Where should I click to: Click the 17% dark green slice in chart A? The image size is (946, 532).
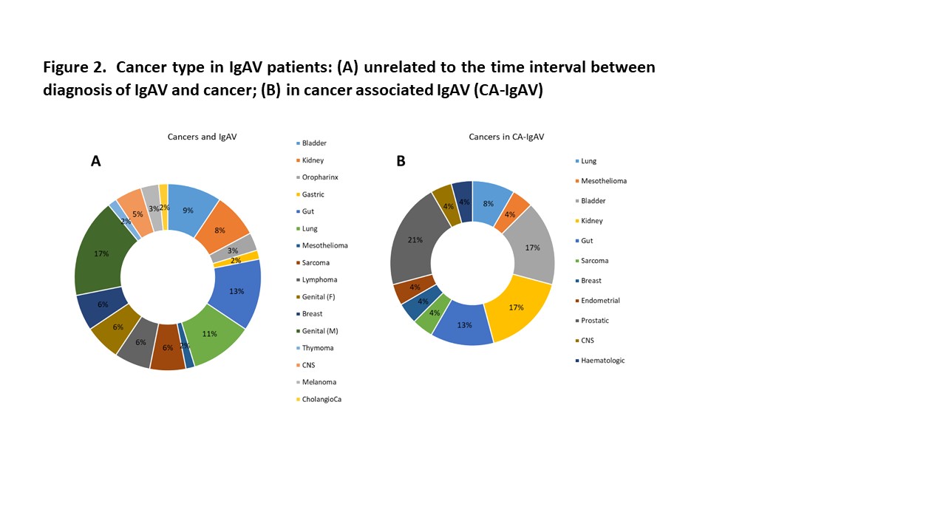tap(101, 254)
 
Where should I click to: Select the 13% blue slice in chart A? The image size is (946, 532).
tap(236, 291)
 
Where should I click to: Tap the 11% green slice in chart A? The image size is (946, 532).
tap(210, 333)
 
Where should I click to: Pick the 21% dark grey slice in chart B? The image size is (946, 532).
tap(414, 239)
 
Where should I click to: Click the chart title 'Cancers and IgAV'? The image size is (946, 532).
tap(202, 137)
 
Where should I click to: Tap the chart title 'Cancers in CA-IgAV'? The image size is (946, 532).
tap(506, 137)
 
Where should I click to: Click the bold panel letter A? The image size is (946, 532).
tap(95, 161)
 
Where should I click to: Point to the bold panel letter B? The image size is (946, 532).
tap(401, 161)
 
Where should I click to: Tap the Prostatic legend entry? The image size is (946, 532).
tap(595, 321)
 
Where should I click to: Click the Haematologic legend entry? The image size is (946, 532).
tap(602, 361)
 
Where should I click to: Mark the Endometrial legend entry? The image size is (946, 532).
tap(600, 301)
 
